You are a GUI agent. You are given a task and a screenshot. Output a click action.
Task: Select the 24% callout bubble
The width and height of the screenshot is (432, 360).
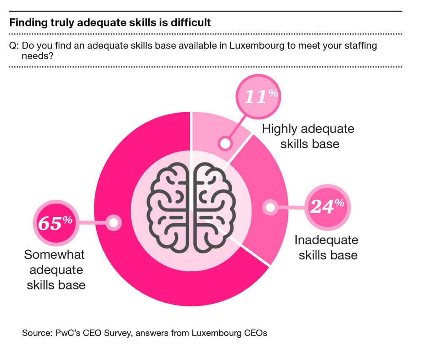327,207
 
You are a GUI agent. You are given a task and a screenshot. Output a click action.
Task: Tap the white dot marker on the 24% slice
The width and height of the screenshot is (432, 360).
270,207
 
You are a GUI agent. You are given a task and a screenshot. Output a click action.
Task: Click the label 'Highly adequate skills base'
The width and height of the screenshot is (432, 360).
308,136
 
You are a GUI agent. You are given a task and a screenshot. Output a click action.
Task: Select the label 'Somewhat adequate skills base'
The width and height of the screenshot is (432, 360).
55,269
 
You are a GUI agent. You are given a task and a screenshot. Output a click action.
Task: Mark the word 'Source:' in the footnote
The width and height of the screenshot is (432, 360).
37,333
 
